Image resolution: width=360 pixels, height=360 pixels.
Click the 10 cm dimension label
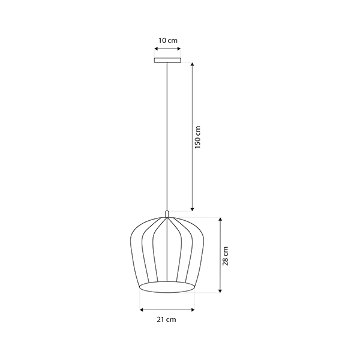click(x=168, y=41)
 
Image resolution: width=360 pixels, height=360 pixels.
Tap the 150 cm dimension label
click(x=197, y=137)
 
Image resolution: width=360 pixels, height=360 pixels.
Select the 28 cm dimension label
click(x=226, y=256)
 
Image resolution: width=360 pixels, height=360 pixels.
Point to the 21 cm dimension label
click(x=166, y=319)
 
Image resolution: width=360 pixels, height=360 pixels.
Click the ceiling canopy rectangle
click(x=167, y=60)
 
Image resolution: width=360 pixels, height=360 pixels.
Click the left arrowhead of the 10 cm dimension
click(x=156, y=49)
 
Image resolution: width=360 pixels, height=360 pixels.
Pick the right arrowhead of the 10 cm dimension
click(x=179, y=49)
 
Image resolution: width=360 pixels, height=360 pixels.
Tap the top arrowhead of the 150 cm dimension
click(x=193, y=64)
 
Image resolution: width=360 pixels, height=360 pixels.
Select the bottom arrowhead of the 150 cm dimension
click(x=193, y=209)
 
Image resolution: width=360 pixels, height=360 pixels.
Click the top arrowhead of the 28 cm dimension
click(x=220, y=219)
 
